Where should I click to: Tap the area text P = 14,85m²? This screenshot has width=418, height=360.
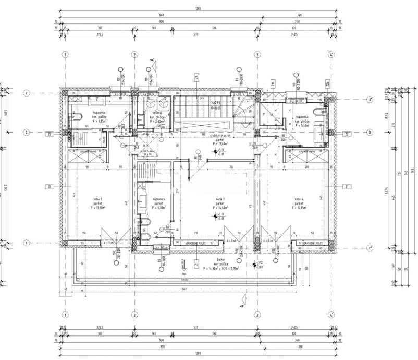click(x=299, y=208)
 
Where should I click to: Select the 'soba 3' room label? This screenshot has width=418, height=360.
click(x=219, y=199)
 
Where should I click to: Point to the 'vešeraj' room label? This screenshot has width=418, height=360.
click(x=157, y=113)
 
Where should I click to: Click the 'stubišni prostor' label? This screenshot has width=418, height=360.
click(x=221, y=135)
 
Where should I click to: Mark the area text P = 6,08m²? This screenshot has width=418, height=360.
click(x=158, y=208)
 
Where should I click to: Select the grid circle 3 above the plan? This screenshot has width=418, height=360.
click(x=256, y=54)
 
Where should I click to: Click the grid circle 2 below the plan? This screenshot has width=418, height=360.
click(x=134, y=315)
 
